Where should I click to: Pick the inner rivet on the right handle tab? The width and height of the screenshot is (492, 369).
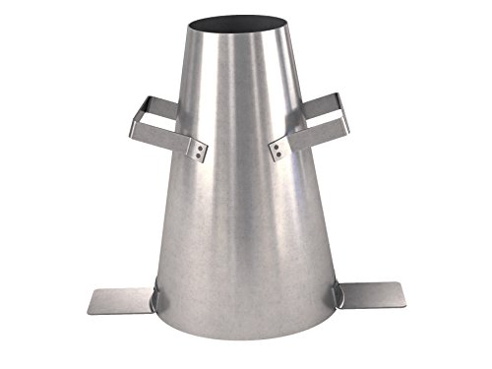(278, 153)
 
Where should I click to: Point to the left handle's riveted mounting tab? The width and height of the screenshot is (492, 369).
(199, 150)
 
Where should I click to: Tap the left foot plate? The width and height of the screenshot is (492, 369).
(118, 300)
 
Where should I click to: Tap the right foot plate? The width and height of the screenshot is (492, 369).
(369, 295)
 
